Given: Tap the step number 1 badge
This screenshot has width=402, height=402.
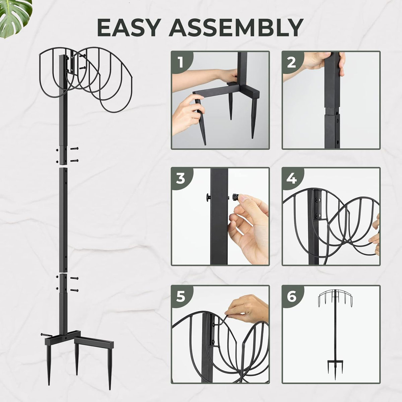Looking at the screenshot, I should click(181, 62).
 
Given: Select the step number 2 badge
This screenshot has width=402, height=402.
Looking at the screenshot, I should click(291, 62).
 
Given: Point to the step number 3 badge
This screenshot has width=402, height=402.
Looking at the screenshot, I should click(181, 179).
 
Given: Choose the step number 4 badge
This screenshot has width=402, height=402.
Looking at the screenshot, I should click(291, 179).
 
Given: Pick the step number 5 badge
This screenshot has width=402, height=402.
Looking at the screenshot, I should click(181, 297).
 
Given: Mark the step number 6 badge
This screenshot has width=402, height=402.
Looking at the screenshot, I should click(291, 297).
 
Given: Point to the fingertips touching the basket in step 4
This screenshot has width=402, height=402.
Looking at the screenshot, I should click(376, 234).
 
